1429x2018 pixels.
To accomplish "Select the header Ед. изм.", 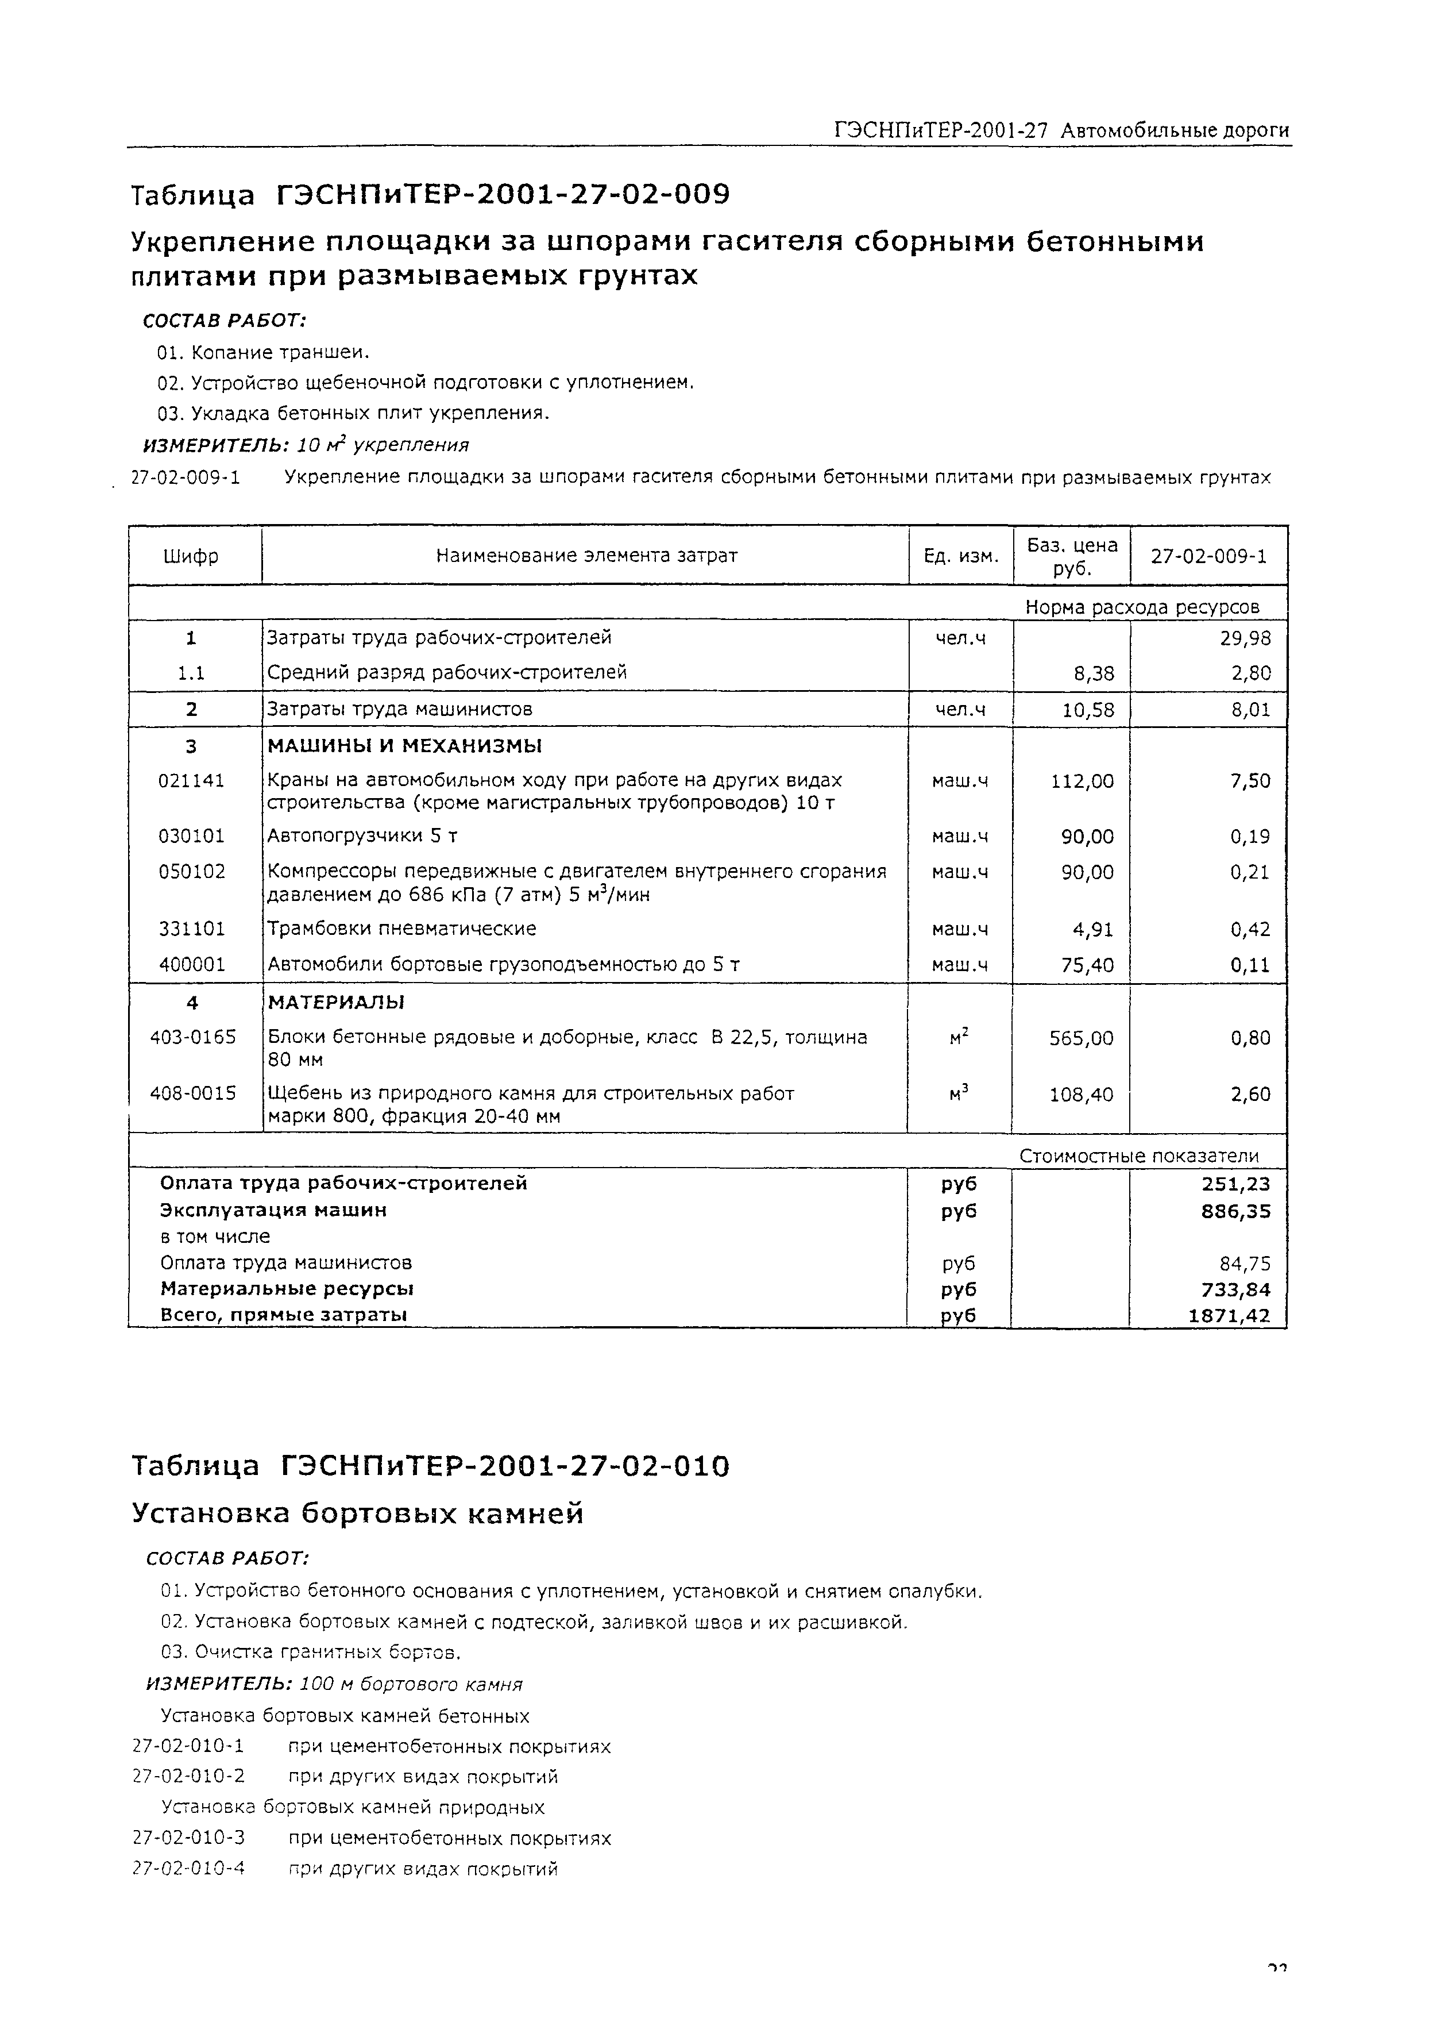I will coord(961,556).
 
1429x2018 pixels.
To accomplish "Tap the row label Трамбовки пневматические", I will coord(401,929).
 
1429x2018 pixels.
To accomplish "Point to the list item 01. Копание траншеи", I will coord(263,353).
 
